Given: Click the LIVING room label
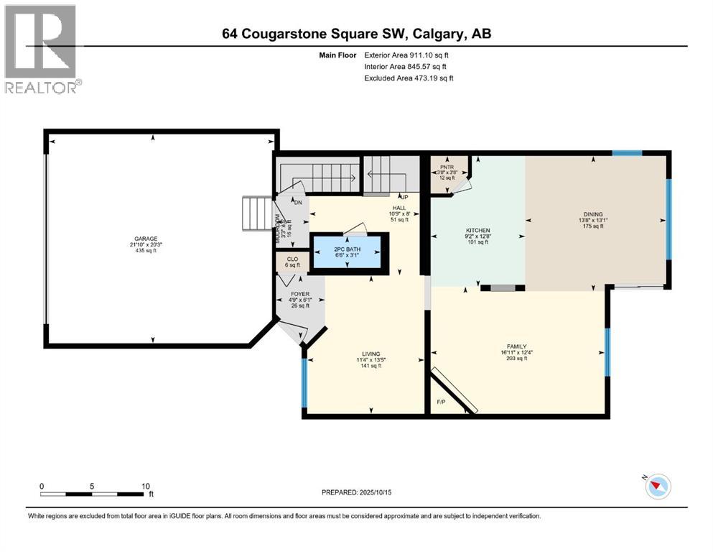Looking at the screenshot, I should [x=371, y=354].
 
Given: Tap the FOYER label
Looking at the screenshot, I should [x=299, y=294].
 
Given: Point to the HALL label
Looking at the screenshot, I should [x=399, y=208].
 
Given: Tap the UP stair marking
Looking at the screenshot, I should [x=404, y=197].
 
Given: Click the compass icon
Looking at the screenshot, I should [x=657, y=487].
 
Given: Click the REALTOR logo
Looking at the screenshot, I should [x=42, y=49].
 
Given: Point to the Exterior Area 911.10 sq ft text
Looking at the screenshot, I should [x=409, y=55].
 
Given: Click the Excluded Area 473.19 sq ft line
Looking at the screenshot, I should [x=409, y=78].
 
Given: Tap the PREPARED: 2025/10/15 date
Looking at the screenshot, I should [x=356, y=492].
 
